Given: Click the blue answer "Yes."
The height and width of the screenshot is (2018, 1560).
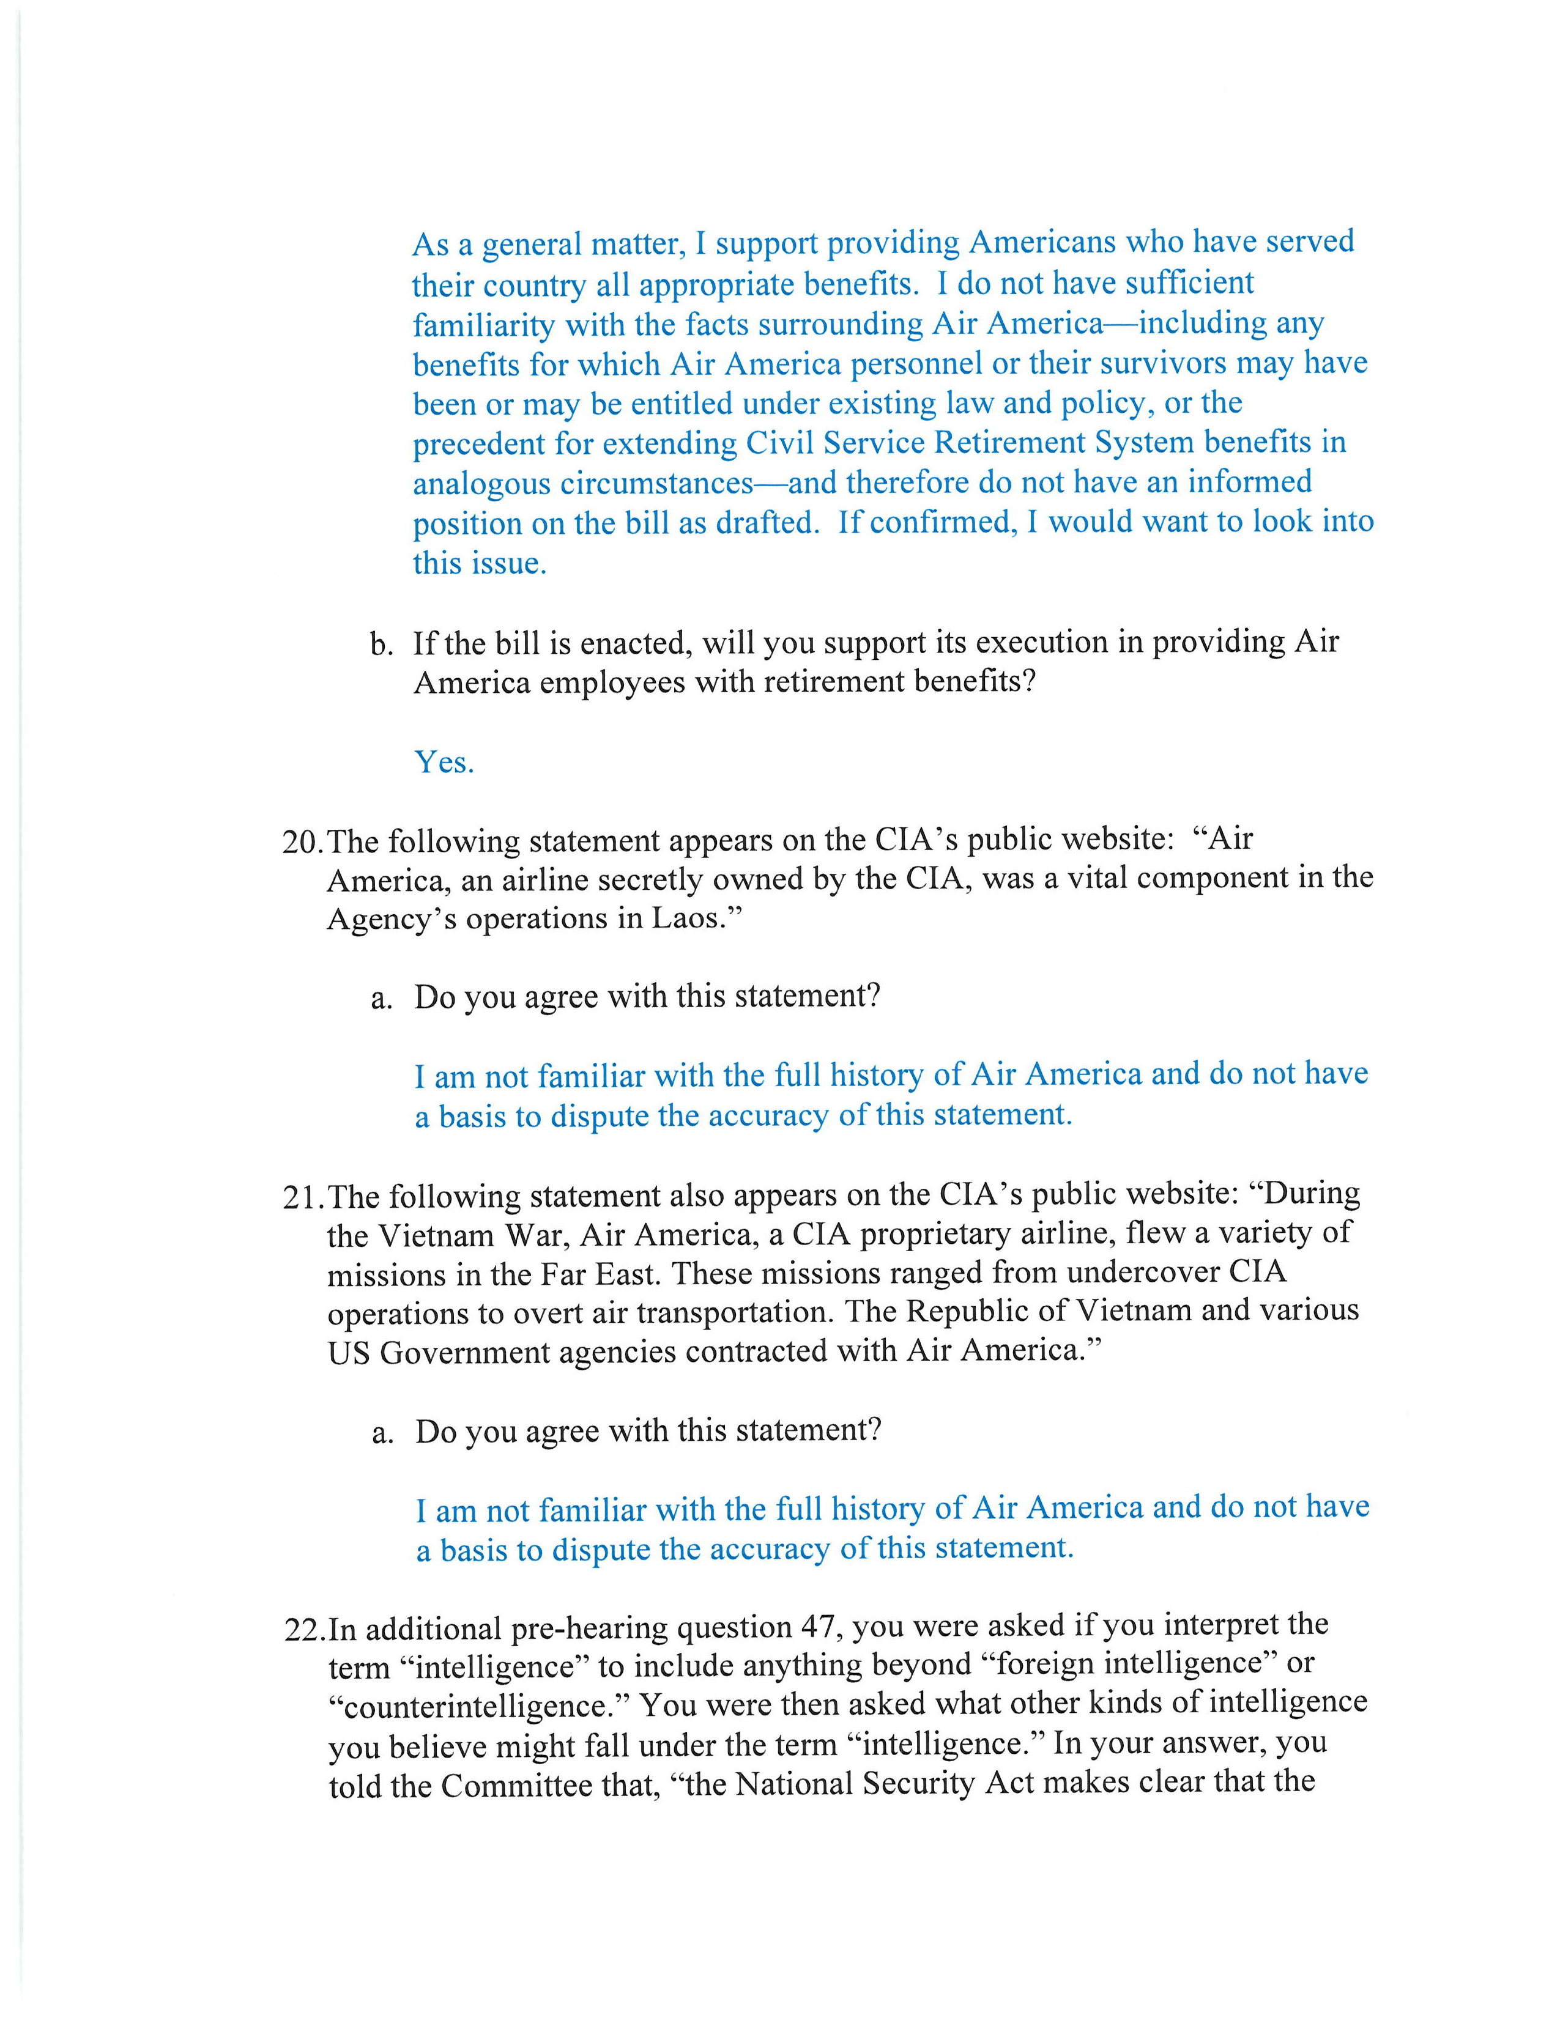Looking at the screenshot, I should [444, 763].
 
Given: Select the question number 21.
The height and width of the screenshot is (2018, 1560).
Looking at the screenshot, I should [302, 1197].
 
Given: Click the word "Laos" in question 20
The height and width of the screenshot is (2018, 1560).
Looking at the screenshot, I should [684, 919].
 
